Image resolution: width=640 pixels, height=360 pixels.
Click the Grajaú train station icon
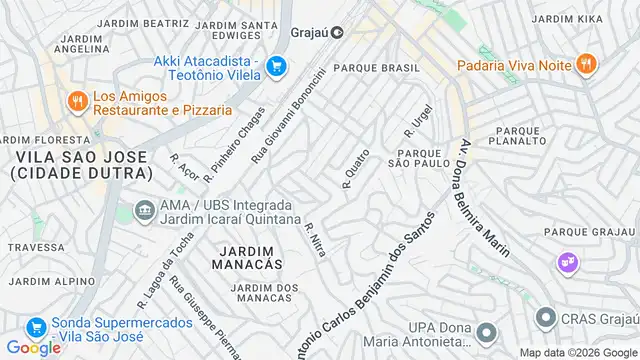(x=338, y=31)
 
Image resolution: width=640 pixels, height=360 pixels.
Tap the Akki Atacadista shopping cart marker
(x=277, y=68)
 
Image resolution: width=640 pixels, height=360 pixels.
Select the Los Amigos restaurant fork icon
(x=77, y=100)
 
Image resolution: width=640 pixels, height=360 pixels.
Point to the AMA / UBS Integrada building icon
(x=143, y=211)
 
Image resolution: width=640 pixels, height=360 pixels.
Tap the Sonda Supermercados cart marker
(x=35, y=327)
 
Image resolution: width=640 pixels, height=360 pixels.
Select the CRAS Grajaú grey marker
(x=545, y=319)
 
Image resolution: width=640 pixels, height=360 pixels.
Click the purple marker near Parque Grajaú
(x=568, y=261)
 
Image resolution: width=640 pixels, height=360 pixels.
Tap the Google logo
(x=33, y=347)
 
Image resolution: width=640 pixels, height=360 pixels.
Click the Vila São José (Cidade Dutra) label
(x=76, y=165)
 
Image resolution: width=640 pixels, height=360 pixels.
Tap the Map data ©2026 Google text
(x=576, y=352)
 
